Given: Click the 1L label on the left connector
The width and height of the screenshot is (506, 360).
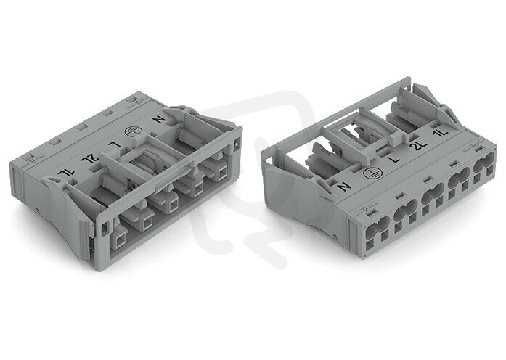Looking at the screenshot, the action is pos(67,176).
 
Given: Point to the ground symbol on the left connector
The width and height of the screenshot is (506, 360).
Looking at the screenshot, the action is pos(131,131).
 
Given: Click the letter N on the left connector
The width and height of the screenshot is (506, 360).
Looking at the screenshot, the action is pos(159,119).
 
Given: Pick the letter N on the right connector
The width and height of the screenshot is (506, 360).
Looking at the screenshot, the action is pos(343,187).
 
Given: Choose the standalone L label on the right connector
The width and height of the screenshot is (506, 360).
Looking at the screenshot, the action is pos(394,159).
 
